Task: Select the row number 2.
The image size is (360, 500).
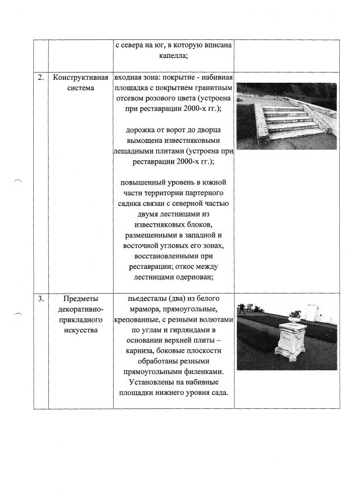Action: point(40,78)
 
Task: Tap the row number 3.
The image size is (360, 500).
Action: point(40,299)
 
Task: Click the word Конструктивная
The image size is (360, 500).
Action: point(80,78)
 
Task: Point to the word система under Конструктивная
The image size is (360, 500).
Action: point(80,88)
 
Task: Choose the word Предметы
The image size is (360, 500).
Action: point(80,299)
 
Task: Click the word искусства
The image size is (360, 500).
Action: point(80,330)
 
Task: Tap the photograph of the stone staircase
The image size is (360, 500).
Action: point(286,116)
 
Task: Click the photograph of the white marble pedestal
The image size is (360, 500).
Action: point(286,336)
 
